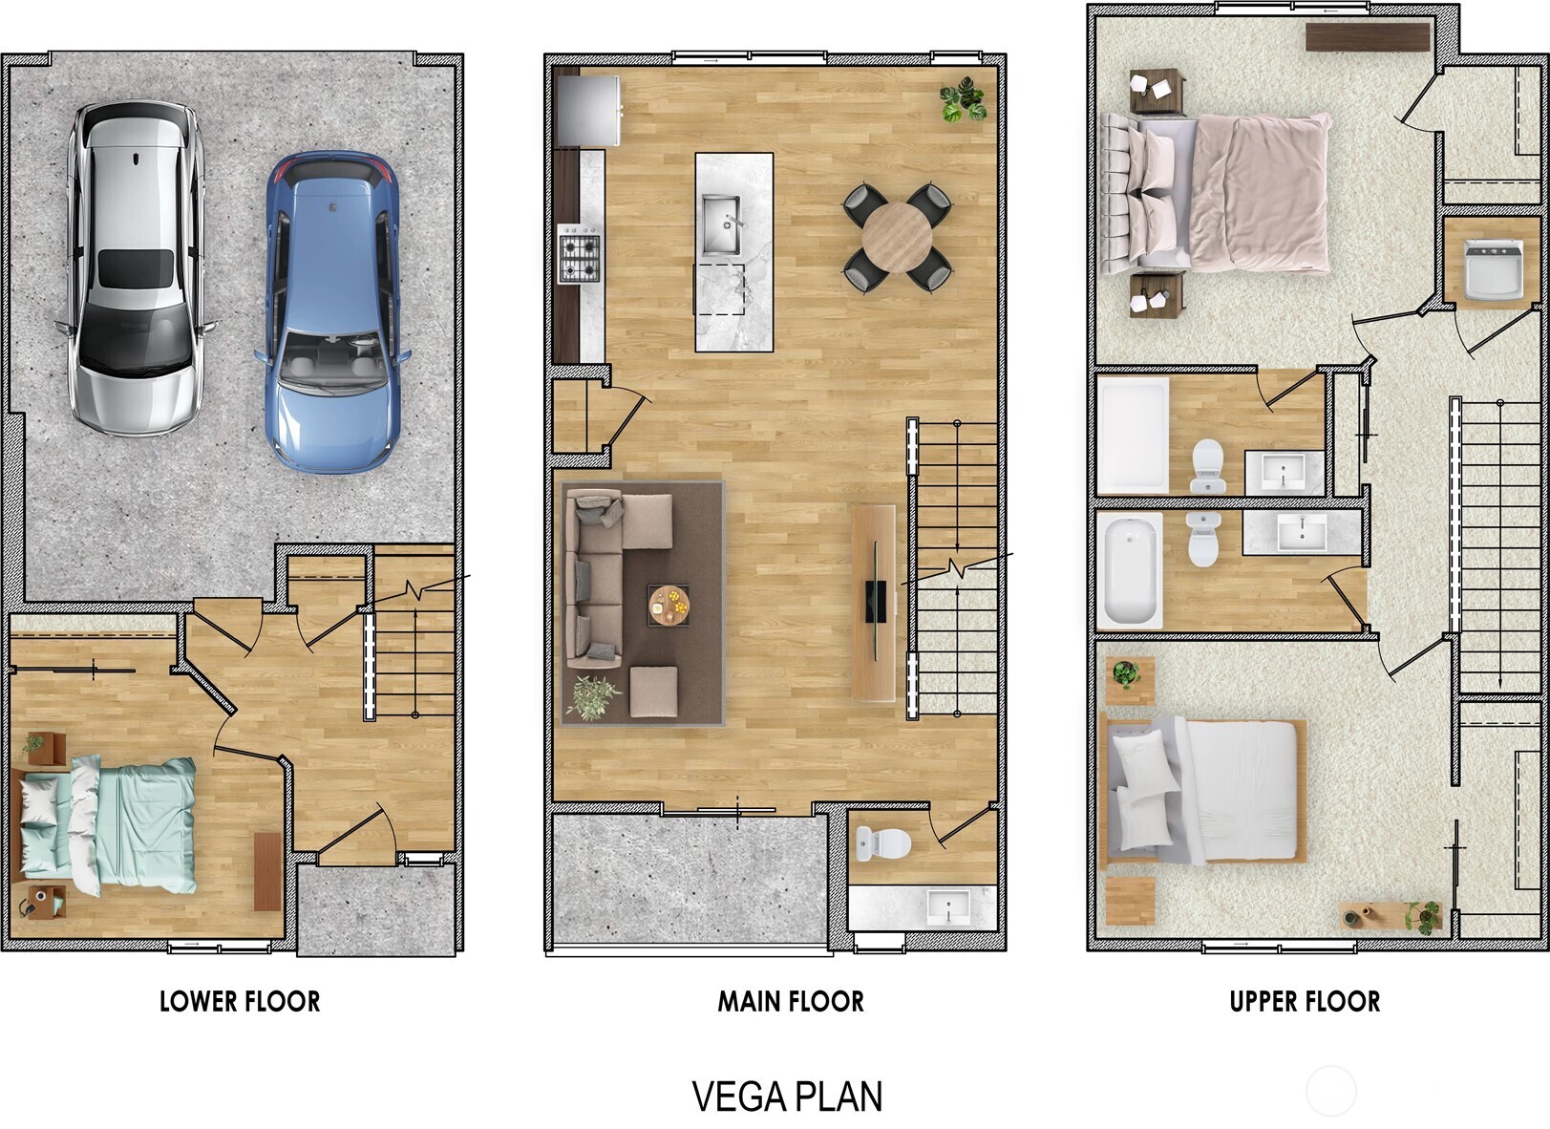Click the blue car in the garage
[331, 310]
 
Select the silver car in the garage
[136, 267]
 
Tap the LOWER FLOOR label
[240, 1001]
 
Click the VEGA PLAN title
[787, 1097]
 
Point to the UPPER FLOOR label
[1305, 1001]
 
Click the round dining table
[897, 238]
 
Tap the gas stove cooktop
[580, 254]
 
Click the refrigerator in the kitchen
[588, 110]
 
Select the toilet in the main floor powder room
[884, 842]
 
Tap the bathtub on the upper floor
[1130, 570]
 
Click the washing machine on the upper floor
[1493, 268]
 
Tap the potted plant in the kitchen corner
[962, 99]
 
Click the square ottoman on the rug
[654, 692]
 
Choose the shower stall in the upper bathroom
[1133, 435]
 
